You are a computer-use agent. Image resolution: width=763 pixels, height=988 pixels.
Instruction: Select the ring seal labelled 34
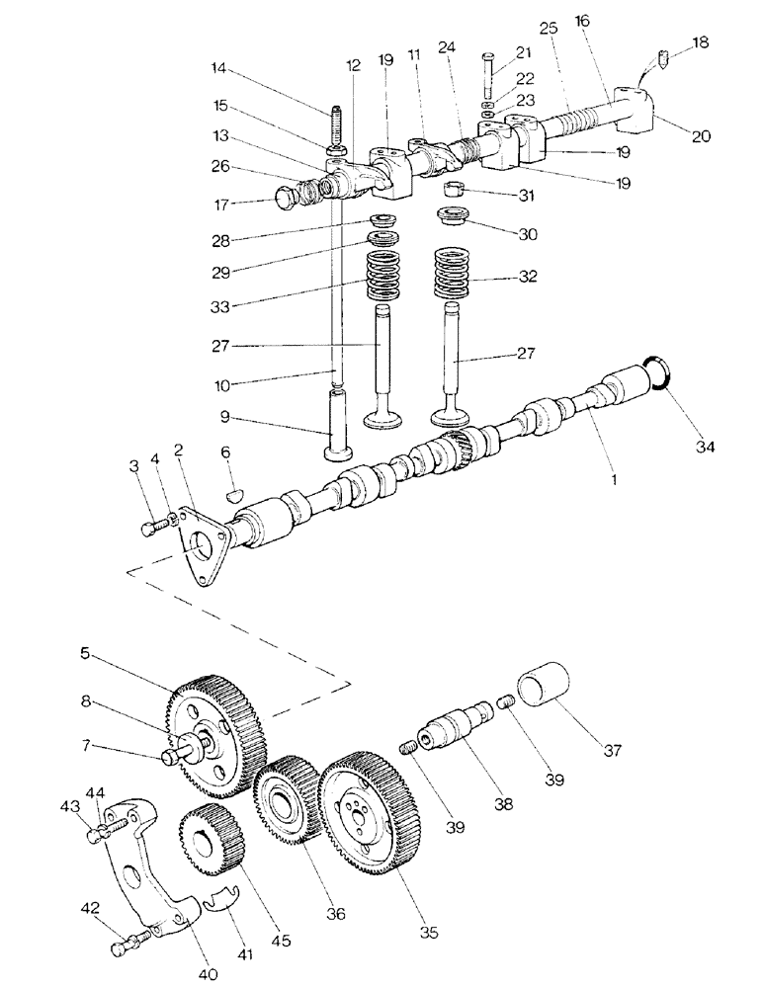659,375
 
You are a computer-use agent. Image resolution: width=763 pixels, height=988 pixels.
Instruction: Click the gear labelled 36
286,799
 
